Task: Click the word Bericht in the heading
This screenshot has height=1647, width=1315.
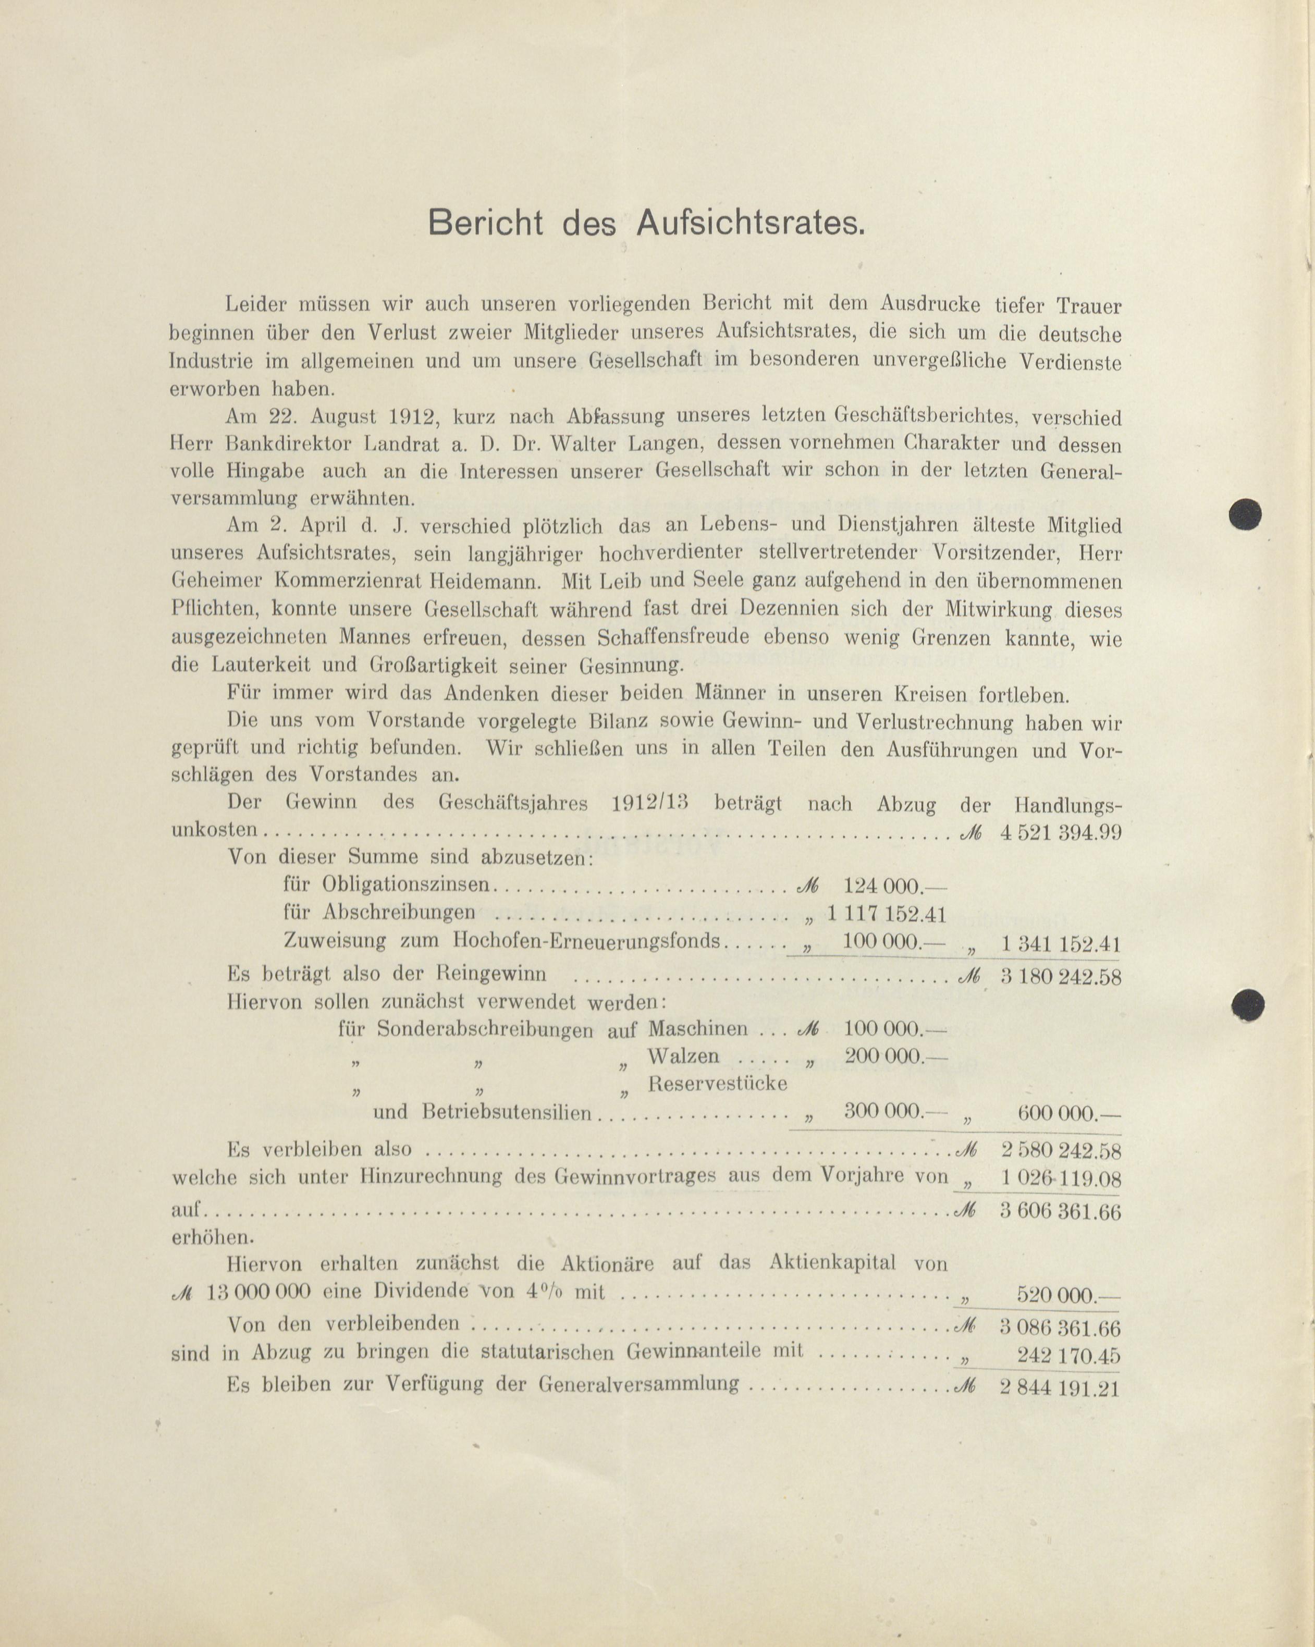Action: click(485, 223)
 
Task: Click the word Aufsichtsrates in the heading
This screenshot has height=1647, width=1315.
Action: click(751, 223)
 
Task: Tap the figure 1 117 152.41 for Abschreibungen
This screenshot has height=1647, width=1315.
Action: click(887, 913)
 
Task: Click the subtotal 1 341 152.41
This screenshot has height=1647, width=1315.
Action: click(1060, 945)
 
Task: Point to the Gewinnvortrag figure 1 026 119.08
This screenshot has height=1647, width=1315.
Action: click(1060, 1178)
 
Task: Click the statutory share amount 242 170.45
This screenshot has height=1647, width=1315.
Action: click(1068, 1356)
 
